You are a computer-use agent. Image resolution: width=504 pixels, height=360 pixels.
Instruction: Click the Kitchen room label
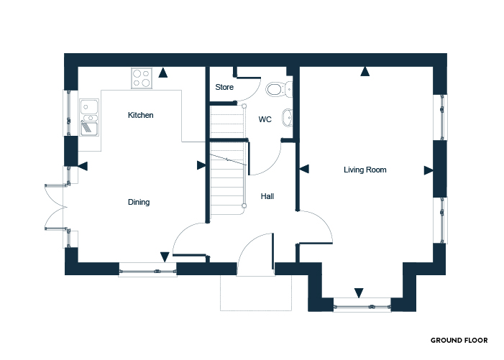pyautogui.click(x=140, y=115)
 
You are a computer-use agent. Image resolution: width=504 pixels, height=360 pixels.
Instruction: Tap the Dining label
pyautogui.click(x=139, y=202)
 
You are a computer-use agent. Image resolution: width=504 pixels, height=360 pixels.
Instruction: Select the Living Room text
pyautogui.click(x=365, y=170)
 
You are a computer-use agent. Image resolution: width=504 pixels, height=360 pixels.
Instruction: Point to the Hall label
pyautogui.click(x=267, y=196)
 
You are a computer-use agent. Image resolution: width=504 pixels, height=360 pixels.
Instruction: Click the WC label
pyautogui.click(x=265, y=119)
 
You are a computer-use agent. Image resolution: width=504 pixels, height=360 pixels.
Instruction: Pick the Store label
pyautogui.click(x=224, y=87)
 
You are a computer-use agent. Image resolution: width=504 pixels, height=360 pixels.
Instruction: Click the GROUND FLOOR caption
pyautogui.click(x=459, y=341)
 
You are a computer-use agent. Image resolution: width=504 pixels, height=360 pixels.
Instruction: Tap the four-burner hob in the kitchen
pyautogui.click(x=142, y=78)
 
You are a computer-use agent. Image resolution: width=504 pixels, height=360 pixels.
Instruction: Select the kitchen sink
pyautogui.click(x=89, y=117)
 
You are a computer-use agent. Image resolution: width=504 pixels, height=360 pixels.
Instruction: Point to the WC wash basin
pyautogui.click(x=288, y=118)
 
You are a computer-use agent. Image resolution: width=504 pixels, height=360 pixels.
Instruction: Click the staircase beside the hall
pyautogui.click(x=228, y=160)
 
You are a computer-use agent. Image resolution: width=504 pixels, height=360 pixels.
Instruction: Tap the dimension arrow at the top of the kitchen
pyautogui.click(x=163, y=73)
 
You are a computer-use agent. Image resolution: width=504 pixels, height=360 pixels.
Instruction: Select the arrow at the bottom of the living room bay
pyautogui.click(x=359, y=293)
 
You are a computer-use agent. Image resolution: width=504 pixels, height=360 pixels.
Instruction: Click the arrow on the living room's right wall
pyautogui.click(x=429, y=170)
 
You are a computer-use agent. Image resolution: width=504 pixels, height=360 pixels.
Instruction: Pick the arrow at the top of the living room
pyautogui.click(x=365, y=71)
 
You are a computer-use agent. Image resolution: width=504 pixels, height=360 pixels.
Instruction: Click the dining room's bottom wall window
pyautogui.click(x=147, y=272)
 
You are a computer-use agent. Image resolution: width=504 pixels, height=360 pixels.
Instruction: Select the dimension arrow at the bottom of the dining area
pyautogui.click(x=165, y=257)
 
